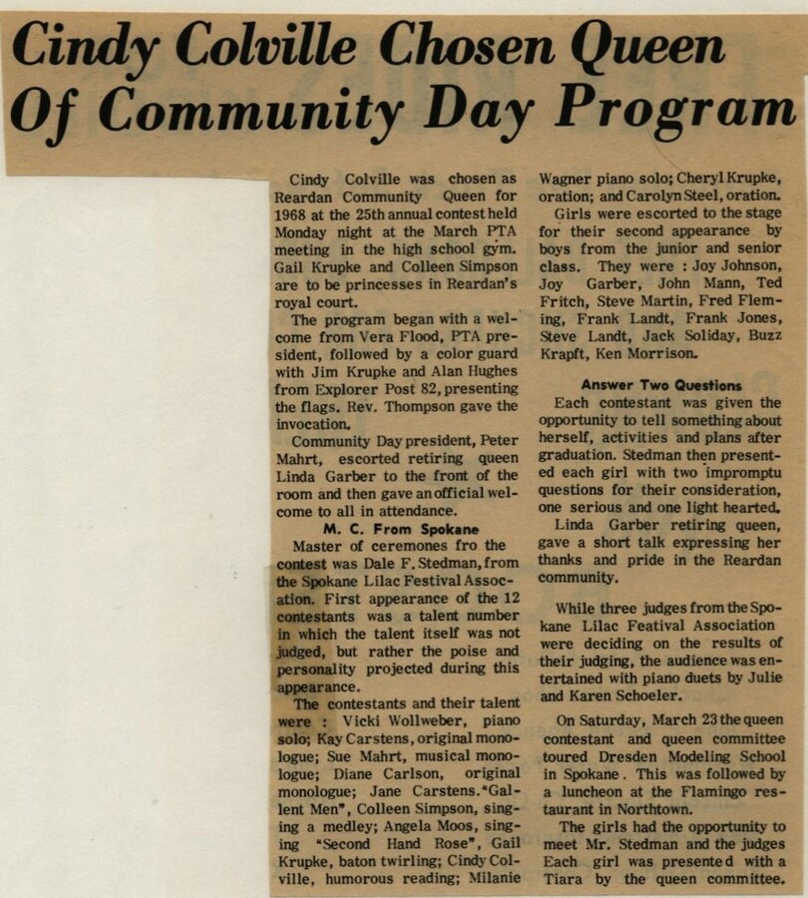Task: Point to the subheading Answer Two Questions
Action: point(661,385)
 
